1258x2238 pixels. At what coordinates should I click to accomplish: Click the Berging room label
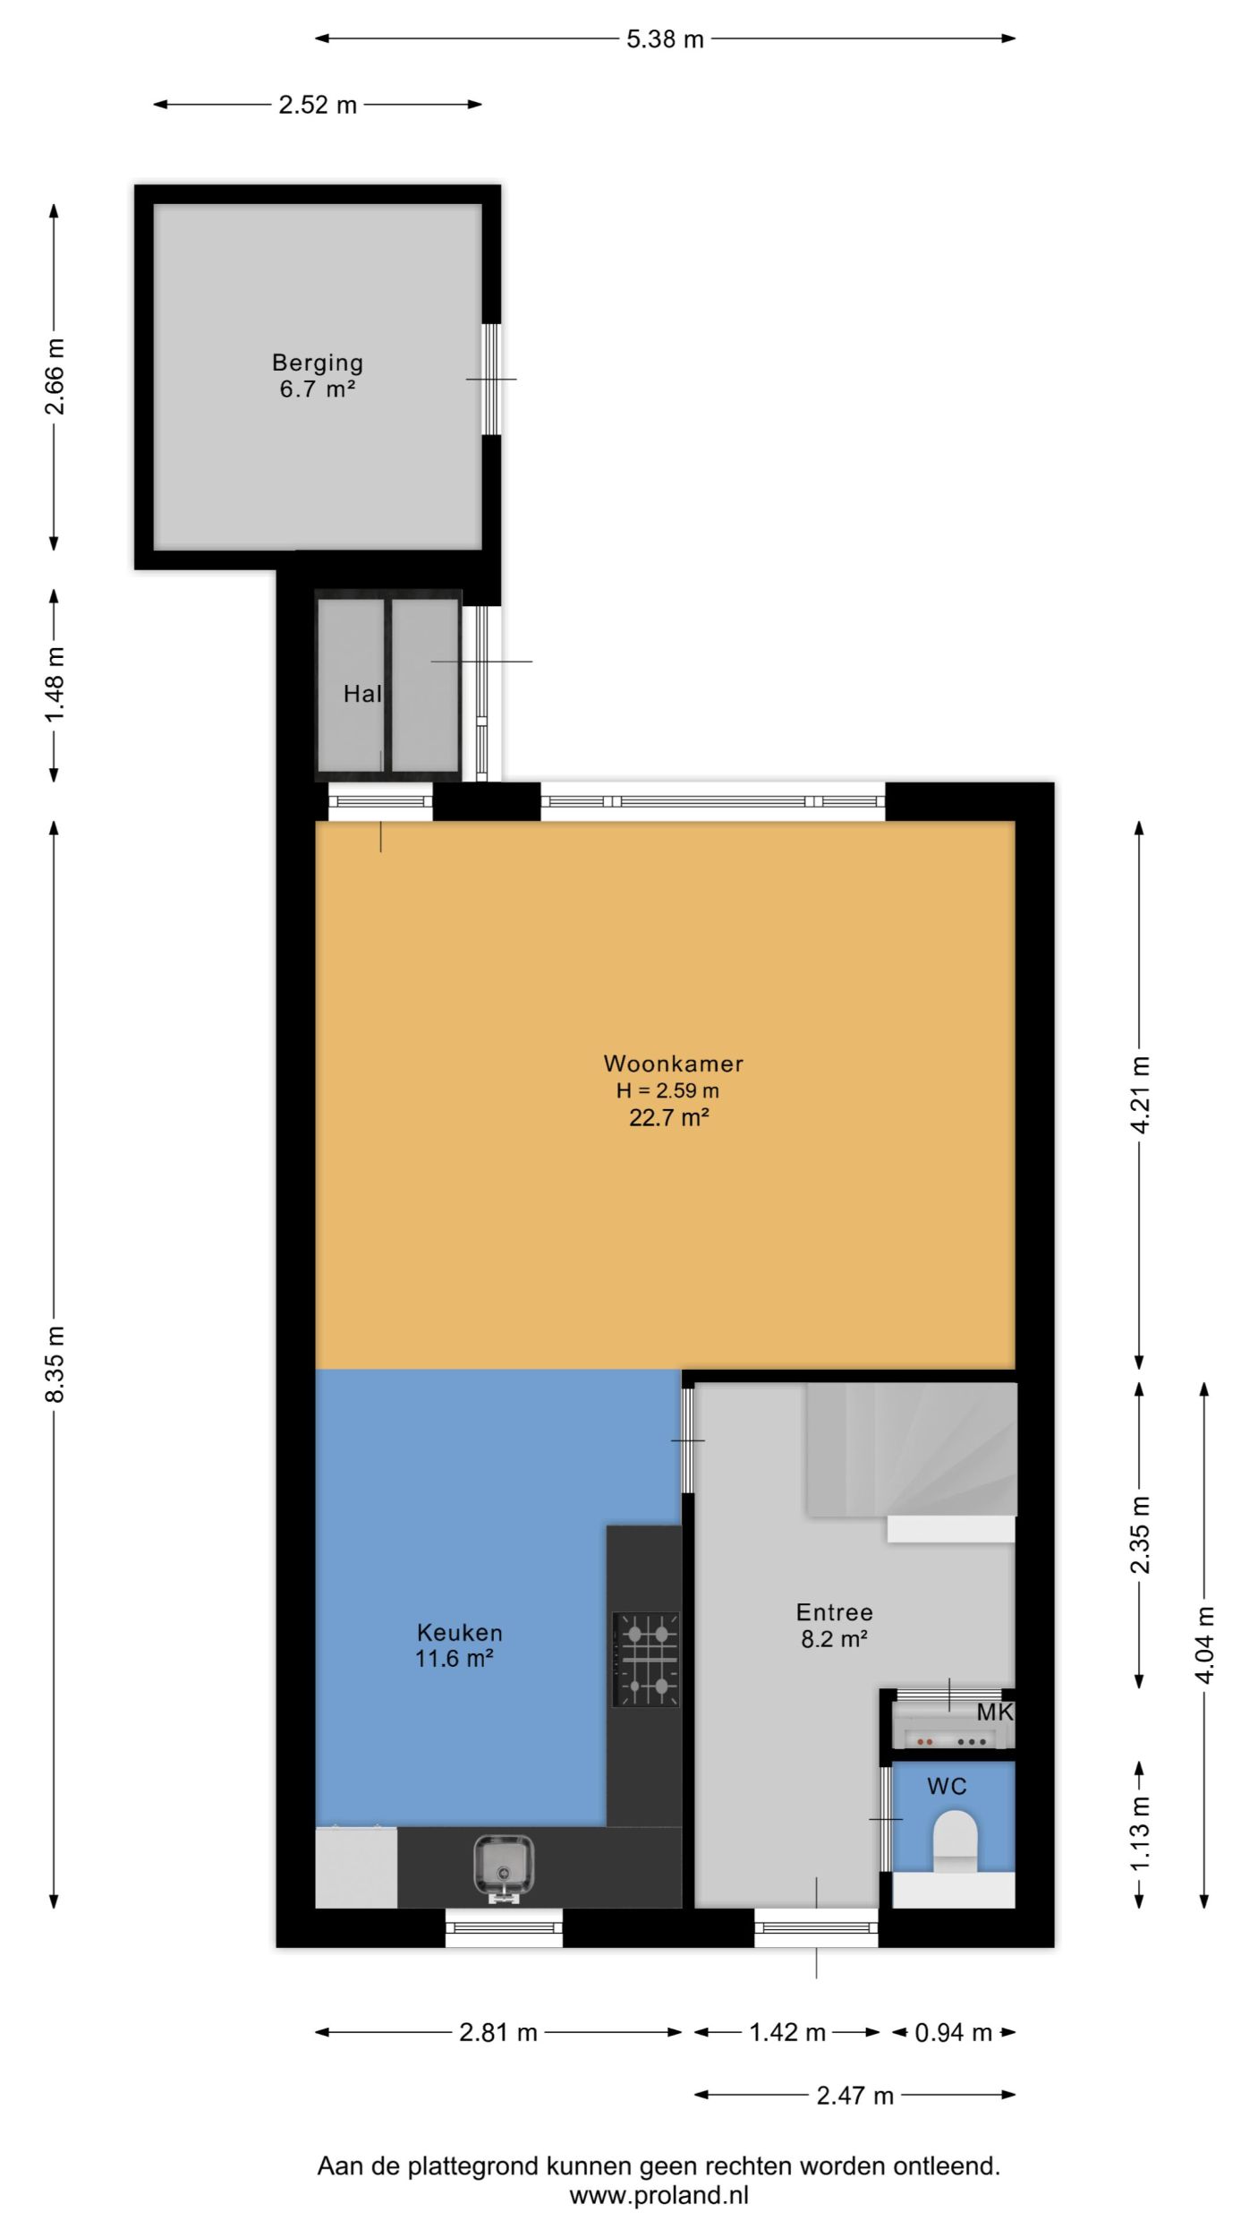tap(318, 363)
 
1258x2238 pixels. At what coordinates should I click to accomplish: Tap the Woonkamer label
tap(673, 1063)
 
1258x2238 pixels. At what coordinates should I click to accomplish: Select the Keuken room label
tap(459, 1632)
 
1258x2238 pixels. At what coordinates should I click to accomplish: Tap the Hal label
tap(362, 694)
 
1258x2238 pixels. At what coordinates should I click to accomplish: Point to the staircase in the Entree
tap(912, 1449)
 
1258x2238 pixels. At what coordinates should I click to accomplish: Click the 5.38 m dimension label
tap(665, 39)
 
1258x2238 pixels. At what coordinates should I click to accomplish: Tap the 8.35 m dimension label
tap(55, 1364)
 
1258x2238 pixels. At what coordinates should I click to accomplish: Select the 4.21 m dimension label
tap(1141, 1095)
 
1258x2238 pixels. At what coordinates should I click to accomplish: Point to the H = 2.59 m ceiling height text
tap(667, 1090)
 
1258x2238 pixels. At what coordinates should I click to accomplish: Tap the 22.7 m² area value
tap(669, 1117)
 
